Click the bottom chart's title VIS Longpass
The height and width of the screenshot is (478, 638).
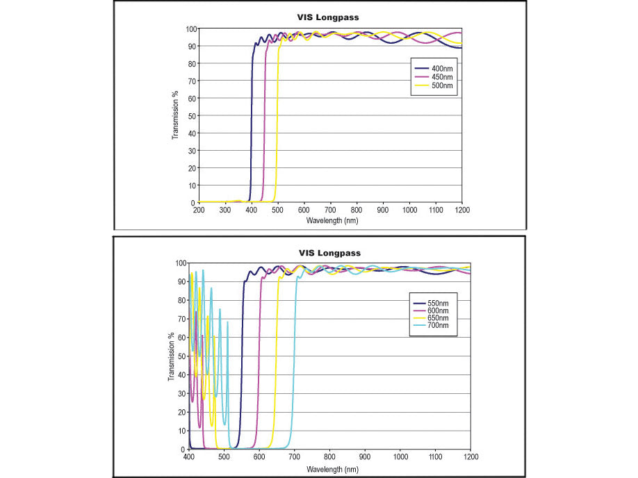pos(329,253)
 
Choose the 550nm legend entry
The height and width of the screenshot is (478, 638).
pos(439,304)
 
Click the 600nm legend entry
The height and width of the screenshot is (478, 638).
pos(439,311)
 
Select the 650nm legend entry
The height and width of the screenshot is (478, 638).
pos(439,318)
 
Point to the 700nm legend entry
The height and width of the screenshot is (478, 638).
pos(439,325)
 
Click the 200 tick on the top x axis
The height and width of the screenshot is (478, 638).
pos(198,210)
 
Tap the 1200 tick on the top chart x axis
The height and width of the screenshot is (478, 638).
pos(461,210)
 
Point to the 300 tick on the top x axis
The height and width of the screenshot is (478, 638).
pos(224,210)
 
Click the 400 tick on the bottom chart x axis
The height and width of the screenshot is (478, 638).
pos(189,457)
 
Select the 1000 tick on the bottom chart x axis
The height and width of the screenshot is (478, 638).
pos(400,457)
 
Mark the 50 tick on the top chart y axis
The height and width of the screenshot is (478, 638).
pos(190,115)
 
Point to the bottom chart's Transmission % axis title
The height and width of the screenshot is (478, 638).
pos(170,356)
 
